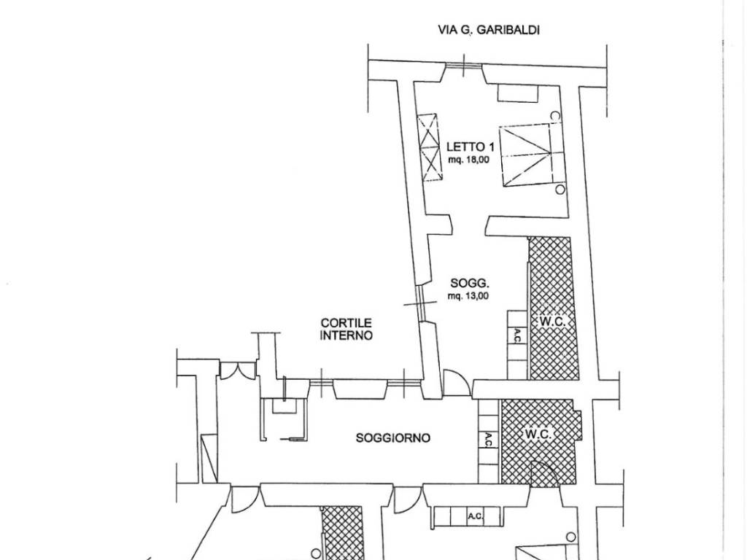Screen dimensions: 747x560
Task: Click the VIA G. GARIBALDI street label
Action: click(x=488, y=30)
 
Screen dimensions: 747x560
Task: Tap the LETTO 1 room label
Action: click(x=467, y=147)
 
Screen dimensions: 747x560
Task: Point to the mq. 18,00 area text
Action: click(x=468, y=160)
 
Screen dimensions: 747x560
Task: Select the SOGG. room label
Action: click(x=470, y=284)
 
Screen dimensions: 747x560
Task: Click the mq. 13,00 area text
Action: click(x=468, y=296)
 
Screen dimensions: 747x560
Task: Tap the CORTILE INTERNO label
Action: click(x=347, y=329)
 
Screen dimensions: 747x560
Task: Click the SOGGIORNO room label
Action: click(x=393, y=437)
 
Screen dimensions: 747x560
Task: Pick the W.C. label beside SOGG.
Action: click(x=553, y=322)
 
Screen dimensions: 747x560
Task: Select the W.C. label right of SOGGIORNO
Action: click(x=539, y=435)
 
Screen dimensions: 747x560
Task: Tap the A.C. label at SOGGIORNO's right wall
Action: click(x=488, y=440)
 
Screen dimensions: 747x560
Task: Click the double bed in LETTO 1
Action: click(x=528, y=155)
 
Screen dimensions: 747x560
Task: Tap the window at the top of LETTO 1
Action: click(x=463, y=66)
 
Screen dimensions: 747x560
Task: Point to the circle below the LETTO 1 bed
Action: click(x=560, y=190)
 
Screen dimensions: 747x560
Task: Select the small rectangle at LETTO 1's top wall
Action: click(x=518, y=93)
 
